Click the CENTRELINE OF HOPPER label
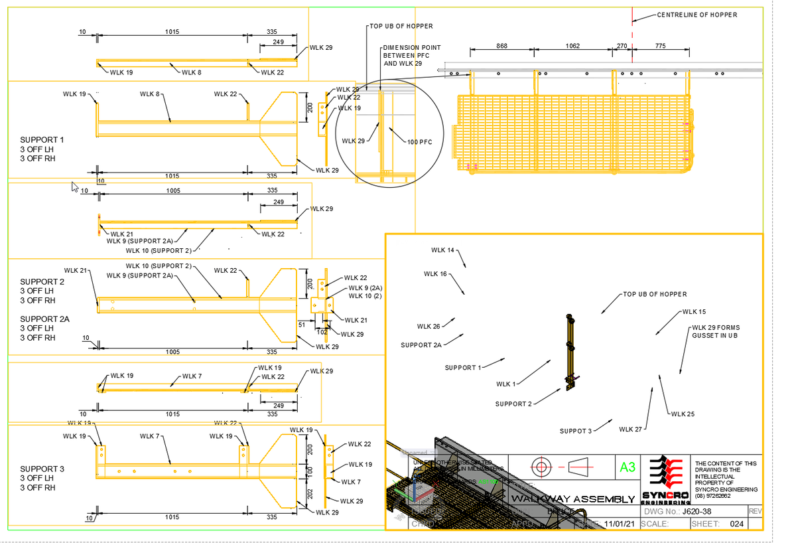click(x=696, y=15)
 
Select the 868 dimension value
click(x=502, y=46)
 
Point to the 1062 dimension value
click(x=572, y=46)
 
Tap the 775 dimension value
click(x=660, y=46)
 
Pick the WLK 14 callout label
click(x=442, y=250)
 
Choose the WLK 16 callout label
click(x=435, y=273)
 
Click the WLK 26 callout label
click(x=429, y=326)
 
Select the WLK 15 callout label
click(x=694, y=311)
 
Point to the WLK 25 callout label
click(x=683, y=414)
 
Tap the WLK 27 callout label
click(x=631, y=429)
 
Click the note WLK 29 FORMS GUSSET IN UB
click(x=715, y=331)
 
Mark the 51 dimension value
click(x=301, y=325)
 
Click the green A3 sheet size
click(x=626, y=467)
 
